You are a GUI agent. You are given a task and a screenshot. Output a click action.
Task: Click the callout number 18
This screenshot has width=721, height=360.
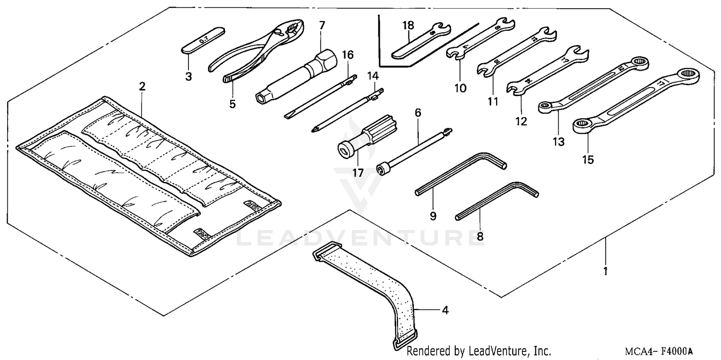tap(408, 25)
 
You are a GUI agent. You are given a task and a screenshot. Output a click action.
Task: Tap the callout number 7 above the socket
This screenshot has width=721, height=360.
tap(322, 25)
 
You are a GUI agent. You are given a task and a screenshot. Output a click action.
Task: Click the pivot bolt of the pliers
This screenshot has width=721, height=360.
tap(278, 33)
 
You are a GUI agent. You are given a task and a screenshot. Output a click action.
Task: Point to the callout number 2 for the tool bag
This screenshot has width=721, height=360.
tap(142, 87)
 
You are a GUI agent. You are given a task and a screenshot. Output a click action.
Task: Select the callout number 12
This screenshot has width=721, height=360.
tap(521, 122)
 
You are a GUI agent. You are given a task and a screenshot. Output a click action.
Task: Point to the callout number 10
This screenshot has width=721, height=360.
tap(460, 88)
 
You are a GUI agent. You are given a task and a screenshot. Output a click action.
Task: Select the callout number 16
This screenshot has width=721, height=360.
tap(348, 55)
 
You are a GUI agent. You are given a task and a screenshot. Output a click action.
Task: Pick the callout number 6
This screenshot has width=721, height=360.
tap(417, 113)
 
